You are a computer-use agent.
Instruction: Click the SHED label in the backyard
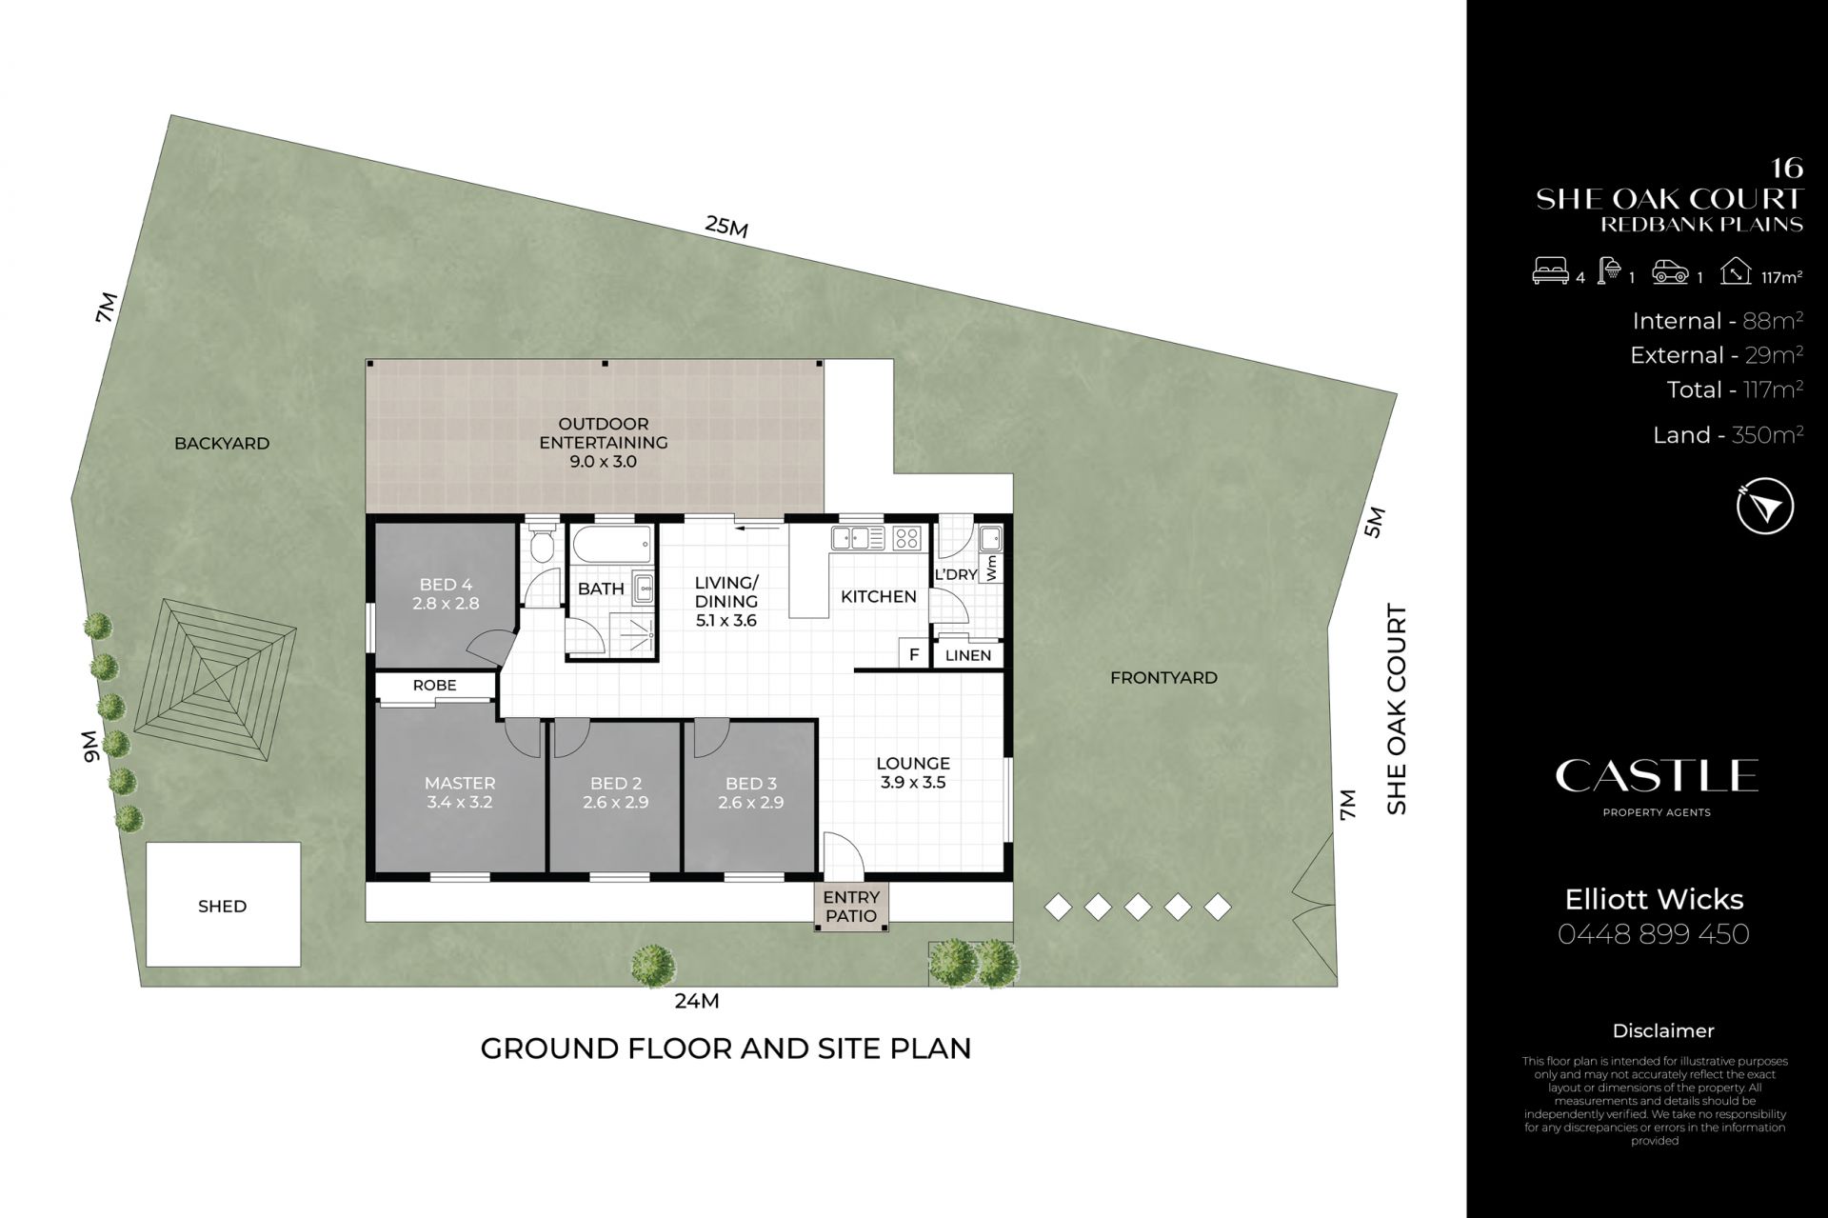pyautogui.click(x=222, y=907)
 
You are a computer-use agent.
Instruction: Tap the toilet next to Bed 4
pyautogui.click(x=543, y=544)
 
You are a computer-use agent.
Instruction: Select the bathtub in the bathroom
pyautogui.click(x=612, y=546)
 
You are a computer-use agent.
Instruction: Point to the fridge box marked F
pyautogui.click(x=914, y=655)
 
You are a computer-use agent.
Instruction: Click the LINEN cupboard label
pyautogui.click(x=968, y=655)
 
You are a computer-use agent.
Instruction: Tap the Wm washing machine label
pyautogui.click(x=991, y=569)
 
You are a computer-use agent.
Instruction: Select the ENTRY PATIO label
pyautogui.click(x=851, y=907)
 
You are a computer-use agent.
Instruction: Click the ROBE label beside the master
pyautogui.click(x=434, y=686)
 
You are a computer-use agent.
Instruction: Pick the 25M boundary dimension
pyautogui.click(x=726, y=227)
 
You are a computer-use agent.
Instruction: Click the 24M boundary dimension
pyautogui.click(x=696, y=1001)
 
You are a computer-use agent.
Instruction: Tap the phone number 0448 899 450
pyautogui.click(x=1654, y=934)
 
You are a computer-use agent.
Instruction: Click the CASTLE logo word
pyautogui.click(x=1657, y=776)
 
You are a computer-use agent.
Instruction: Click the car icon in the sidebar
pyautogui.click(x=1671, y=272)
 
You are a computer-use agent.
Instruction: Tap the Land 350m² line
pyautogui.click(x=1728, y=435)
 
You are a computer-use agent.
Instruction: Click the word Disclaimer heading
pyautogui.click(x=1663, y=1031)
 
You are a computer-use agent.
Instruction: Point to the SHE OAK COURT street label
pyautogui.click(x=1397, y=709)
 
